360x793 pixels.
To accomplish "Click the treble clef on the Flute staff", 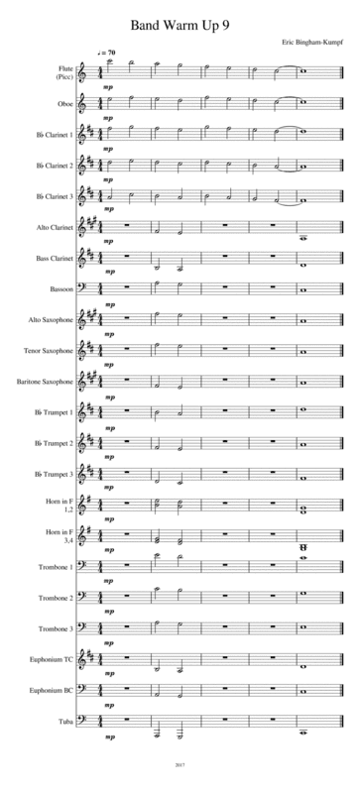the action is click(84, 70).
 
